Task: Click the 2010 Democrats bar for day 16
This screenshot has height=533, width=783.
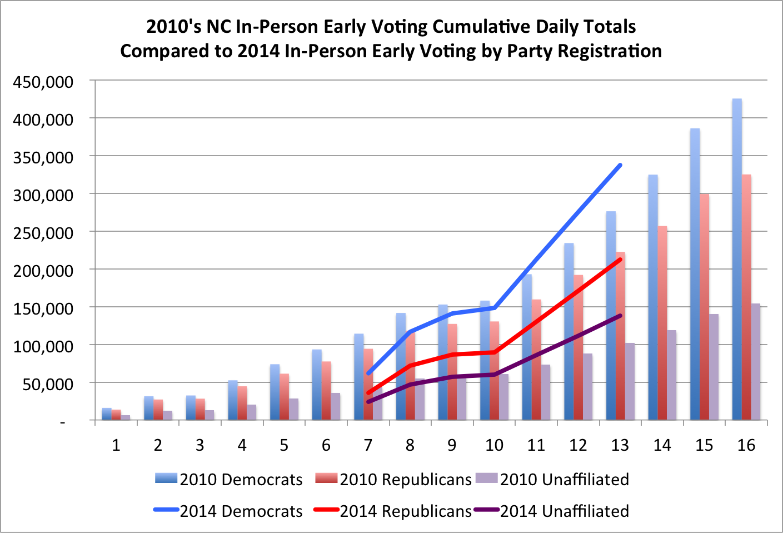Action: (x=737, y=261)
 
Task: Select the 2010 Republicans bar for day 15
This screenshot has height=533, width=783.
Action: (x=704, y=308)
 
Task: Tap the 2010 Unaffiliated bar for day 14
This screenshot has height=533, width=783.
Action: (x=672, y=376)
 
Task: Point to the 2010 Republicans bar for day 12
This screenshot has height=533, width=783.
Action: (x=578, y=348)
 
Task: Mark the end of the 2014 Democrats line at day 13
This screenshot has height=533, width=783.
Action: (x=620, y=165)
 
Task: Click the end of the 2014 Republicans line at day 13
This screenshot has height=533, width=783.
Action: (x=620, y=259)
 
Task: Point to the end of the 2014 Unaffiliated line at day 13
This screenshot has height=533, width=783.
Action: (x=620, y=316)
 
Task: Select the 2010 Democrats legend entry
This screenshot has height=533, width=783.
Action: (x=230, y=479)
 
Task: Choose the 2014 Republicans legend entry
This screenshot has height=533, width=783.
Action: (x=393, y=511)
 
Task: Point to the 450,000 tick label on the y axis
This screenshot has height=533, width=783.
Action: (x=43, y=82)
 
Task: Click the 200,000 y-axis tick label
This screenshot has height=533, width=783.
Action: (x=43, y=271)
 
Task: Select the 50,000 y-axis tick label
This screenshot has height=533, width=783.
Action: (x=48, y=384)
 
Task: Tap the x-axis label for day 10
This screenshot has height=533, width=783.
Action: (x=494, y=445)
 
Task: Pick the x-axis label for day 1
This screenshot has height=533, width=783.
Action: (x=116, y=445)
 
